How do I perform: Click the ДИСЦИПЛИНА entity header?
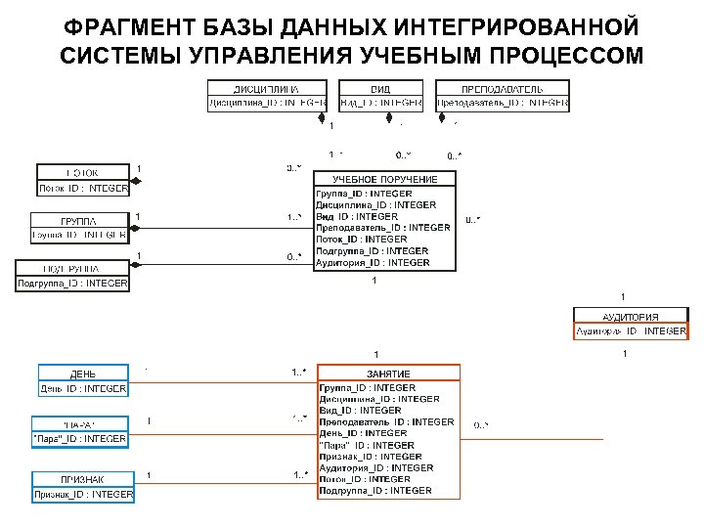[x=265, y=88]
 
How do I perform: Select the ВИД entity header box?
[x=380, y=88]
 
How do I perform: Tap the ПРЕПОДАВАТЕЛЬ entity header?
[x=502, y=88]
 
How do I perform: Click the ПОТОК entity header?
[x=82, y=173]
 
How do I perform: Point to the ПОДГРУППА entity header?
[x=72, y=268]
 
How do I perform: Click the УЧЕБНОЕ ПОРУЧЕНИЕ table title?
[x=384, y=180]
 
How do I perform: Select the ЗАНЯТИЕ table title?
[x=388, y=374]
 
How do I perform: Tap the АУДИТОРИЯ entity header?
[x=630, y=317]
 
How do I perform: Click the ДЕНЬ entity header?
[x=83, y=374]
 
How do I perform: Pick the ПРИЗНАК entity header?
[x=83, y=479]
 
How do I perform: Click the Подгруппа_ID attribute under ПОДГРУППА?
[x=72, y=284]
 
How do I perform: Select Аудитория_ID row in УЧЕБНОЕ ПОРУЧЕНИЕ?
[x=359, y=263]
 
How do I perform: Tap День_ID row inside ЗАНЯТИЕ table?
[x=349, y=433]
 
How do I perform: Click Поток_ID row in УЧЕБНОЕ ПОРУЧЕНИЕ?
[x=347, y=240]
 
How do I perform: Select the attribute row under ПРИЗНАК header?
[x=82, y=495]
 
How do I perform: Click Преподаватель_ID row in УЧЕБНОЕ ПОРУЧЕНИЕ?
[x=382, y=228]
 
